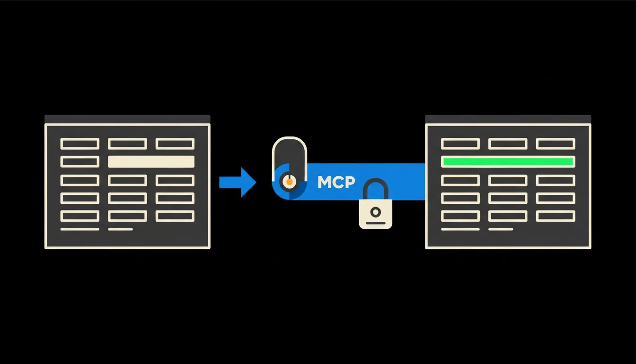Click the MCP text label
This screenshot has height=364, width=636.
[x=336, y=182]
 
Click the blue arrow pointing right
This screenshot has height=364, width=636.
[x=238, y=182]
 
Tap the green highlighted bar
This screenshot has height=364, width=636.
[x=508, y=162]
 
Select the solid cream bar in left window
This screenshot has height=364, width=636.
[x=151, y=162]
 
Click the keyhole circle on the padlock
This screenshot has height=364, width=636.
[x=376, y=212]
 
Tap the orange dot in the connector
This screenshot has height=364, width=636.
[x=289, y=182]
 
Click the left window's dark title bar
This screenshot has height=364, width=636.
[x=127, y=119]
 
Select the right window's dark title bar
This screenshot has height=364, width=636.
[x=508, y=119]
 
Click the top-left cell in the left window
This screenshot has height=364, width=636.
[x=80, y=144]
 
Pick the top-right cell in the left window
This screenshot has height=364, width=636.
[x=175, y=144]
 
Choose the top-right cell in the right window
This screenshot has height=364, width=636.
[x=556, y=144]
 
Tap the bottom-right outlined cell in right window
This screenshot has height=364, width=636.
[x=556, y=216]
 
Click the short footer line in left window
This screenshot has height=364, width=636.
[x=120, y=229]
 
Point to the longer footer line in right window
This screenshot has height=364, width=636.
[x=460, y=229]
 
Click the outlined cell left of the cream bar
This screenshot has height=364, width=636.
[x=80, y=162]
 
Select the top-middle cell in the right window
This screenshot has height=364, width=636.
[x=508, y=144]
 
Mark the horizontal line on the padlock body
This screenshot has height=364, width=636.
[x=376, y=223]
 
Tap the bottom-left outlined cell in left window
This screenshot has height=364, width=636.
[x=80, y=216]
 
